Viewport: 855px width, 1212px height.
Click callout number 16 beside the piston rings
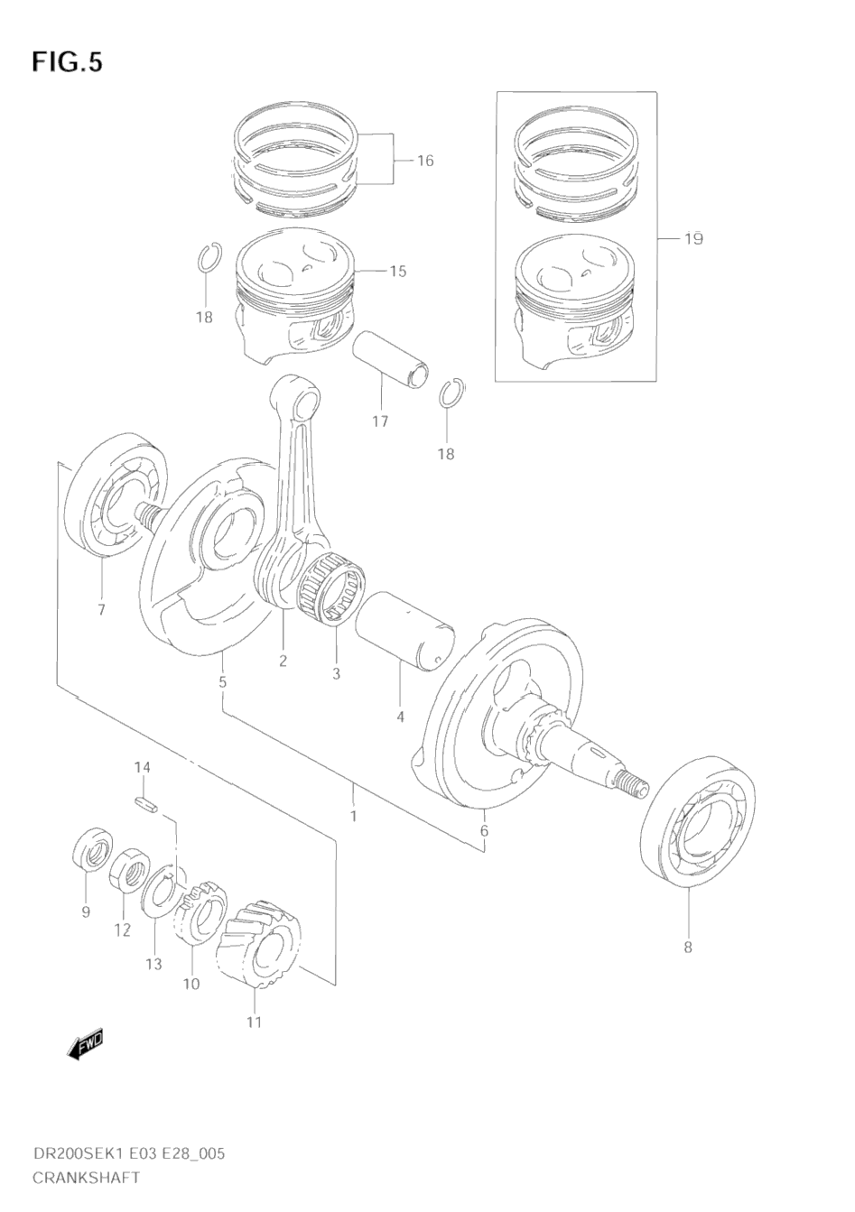(x=425, y=161)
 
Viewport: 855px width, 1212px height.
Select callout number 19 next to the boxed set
(x=692, y=239)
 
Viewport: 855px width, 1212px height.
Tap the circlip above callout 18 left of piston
(x=207, y=259)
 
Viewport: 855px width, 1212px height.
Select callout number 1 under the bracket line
(x=353, y=816)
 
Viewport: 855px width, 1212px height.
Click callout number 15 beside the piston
(x=398, y=271)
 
